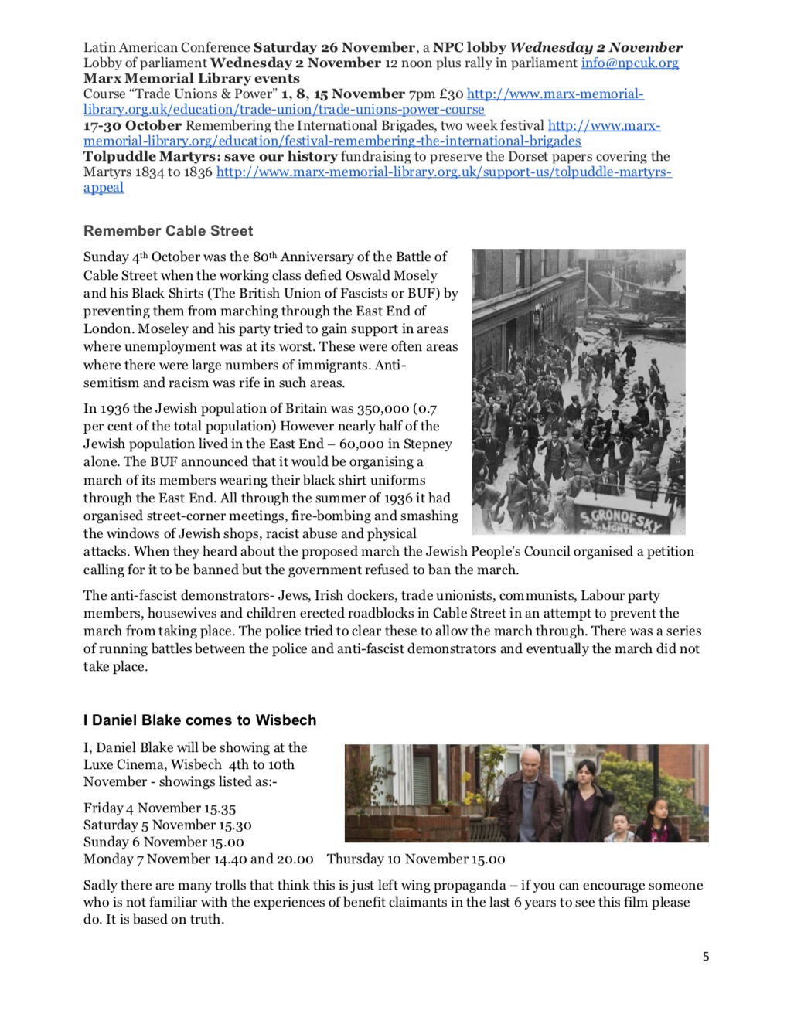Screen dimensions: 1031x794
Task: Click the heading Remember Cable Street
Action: point(168,231)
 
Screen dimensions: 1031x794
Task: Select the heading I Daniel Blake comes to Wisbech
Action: point(199,720)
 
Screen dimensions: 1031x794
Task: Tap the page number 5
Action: point(705,957)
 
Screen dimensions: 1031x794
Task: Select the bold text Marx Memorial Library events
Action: point(191,78)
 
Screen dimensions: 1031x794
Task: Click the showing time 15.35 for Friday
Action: point(220,808)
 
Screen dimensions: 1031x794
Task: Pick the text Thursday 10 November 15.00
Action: point(415,859)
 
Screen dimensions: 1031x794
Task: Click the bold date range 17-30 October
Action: point(132,125)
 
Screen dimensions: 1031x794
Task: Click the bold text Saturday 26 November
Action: point(334,47)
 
